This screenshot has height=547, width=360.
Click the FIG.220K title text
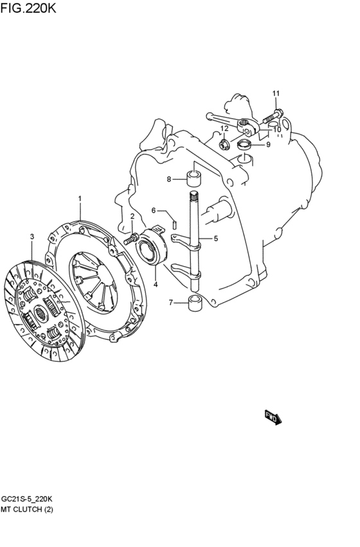coord(28,8)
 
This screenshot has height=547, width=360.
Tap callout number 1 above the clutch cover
coord(80,199)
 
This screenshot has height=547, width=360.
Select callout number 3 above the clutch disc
coord(32,237)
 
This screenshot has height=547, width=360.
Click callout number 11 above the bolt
coord(276,93)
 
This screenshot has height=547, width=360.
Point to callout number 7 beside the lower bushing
coord(171,303)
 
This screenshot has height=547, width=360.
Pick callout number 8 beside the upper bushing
coord(169,179)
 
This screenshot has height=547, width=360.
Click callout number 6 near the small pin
coord(154,210)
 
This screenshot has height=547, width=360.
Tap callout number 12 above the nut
coord(224,129)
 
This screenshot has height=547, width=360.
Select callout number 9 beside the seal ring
coord(268,145)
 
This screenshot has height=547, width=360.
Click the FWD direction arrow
coord(273,417)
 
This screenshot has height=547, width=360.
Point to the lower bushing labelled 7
coord(195,303)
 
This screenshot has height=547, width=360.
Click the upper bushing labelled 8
coord(195,178)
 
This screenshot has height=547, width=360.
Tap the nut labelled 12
coord(224,144)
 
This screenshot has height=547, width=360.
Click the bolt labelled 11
coord(273,116)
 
